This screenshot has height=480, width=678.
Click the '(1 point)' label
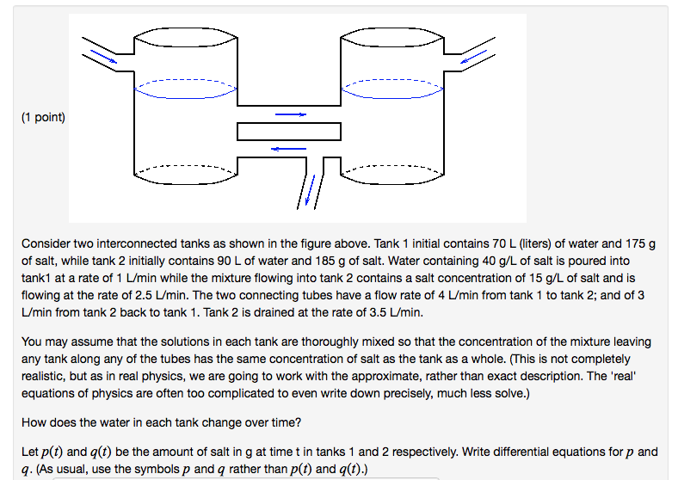[43, 117]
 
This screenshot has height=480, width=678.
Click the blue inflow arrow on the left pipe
[102, 56]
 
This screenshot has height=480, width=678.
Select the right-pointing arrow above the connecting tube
[290, 114]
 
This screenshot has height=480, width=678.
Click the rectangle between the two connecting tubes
[289, 132]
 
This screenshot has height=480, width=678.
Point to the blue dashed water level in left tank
[185, 87]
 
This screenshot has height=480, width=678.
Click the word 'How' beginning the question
[34, 422]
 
